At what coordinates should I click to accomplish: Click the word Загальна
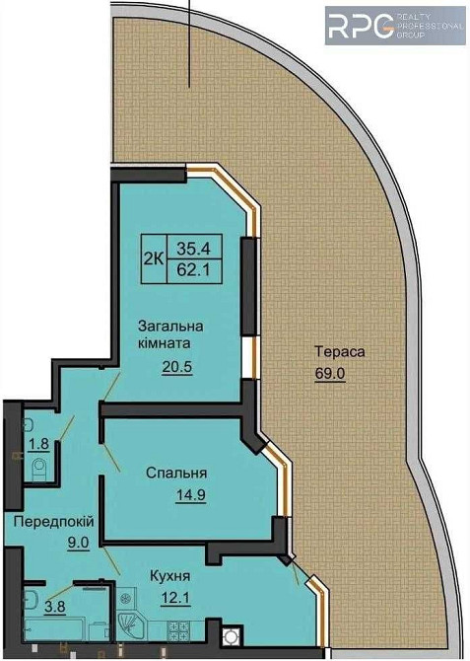click(x=170, y=327)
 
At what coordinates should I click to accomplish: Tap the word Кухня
click(x=170, y=575)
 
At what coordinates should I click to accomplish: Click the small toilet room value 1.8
click(x=38, y=443)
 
